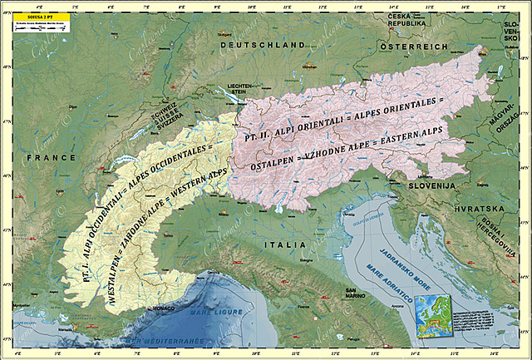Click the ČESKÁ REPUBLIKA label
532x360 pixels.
pyautogui.click(x=407, y=20)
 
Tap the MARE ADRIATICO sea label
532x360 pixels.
pyautogui.click(x=385, y=285)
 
